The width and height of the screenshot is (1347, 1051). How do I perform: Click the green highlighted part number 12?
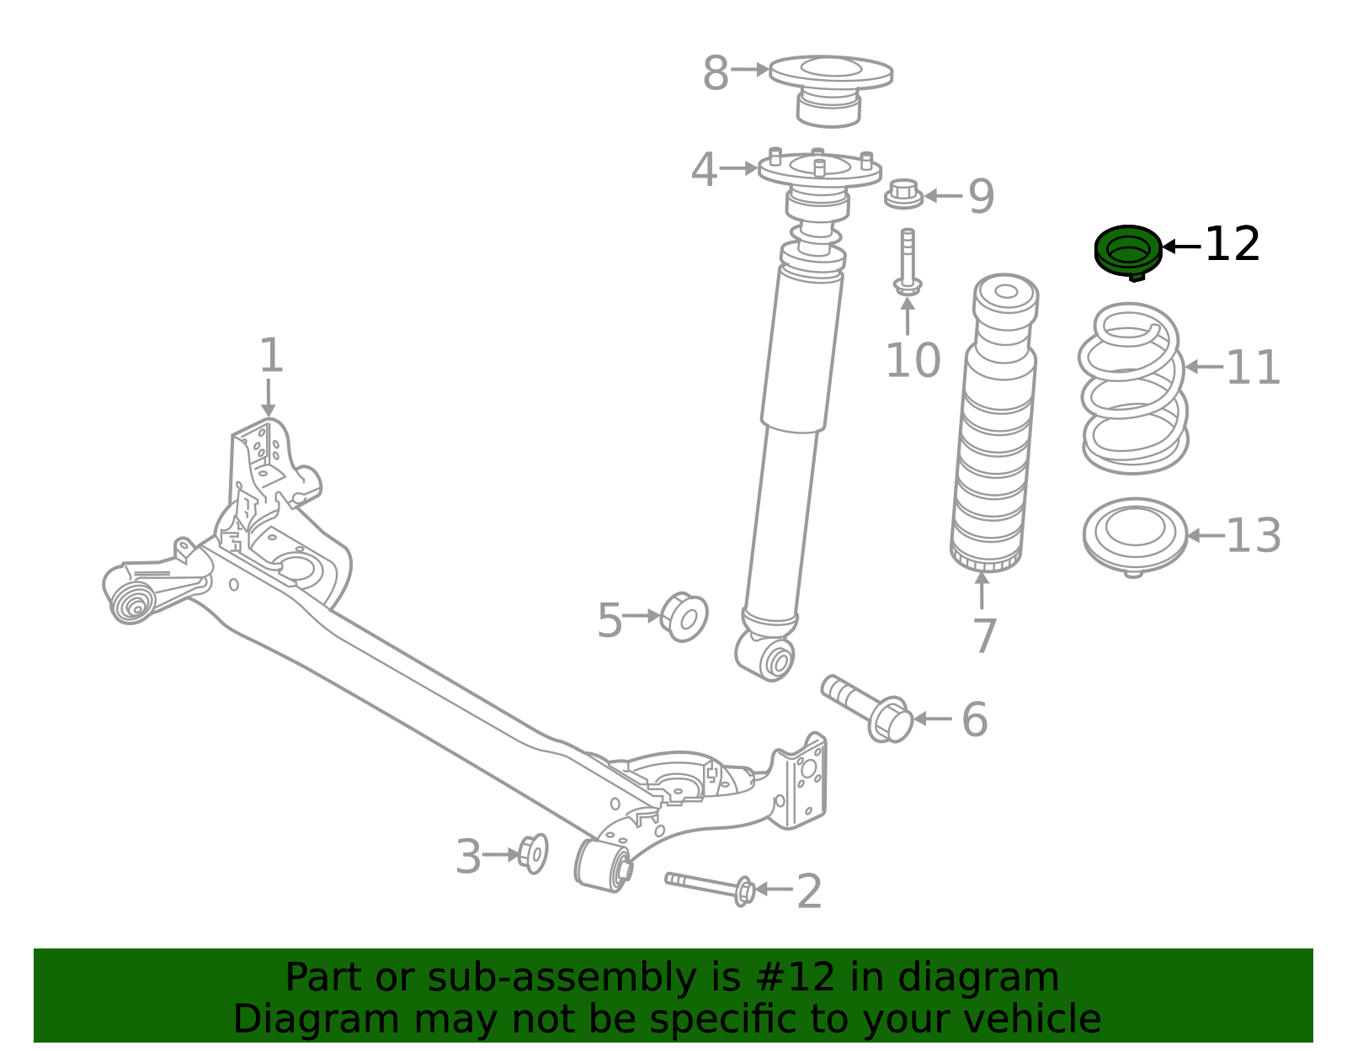click(x=1128, y=251)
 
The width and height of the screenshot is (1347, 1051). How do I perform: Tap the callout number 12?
click(x=1232, y=245)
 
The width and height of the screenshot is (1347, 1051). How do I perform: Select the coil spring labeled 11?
click(x=1133, y=388)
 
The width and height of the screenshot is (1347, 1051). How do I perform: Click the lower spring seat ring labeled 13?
click(x=1135, y=535)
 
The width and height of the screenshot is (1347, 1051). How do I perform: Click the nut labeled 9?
click(x=903, y=195)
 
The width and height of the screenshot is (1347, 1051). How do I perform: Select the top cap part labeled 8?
click(x=830, y=88)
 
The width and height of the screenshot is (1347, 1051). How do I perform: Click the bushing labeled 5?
click(x=684, y=618)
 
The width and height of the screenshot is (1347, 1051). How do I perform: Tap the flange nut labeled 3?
click(x=532, y=853)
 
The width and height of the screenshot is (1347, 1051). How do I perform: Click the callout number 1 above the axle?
click(x=270, y=356)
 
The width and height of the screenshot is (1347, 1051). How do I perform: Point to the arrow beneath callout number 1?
click(x=269, y=397)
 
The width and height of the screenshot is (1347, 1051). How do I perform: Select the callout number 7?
click(x=984, y=636)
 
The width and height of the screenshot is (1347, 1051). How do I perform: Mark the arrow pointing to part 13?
click(x=1204, y=535)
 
